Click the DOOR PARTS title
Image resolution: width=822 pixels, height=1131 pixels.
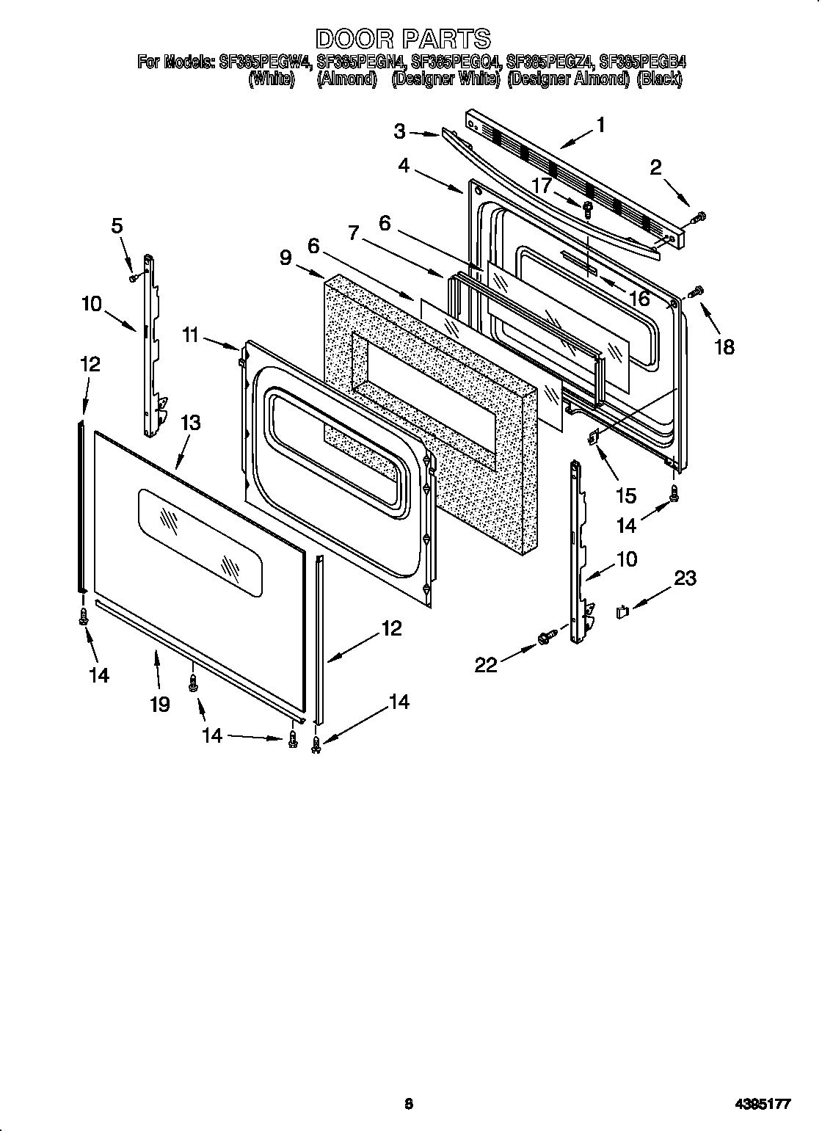point(403,38)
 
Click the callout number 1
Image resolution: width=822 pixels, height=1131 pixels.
point(600,126)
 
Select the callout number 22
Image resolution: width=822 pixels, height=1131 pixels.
point(486,664)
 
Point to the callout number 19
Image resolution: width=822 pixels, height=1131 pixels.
point(159,704)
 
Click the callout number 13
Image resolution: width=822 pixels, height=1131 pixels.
point(189,423)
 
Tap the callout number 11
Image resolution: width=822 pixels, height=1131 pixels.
point(191,335)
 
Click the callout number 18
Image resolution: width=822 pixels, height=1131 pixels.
point(724,346)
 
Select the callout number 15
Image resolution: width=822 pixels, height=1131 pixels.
point(625,495)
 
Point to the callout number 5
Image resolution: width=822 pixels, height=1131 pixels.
point(117,226)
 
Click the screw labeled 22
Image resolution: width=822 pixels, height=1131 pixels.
point(545,639)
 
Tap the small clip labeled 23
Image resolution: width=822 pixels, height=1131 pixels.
point(622,610)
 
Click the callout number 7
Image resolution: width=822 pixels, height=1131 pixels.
point(353,233)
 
